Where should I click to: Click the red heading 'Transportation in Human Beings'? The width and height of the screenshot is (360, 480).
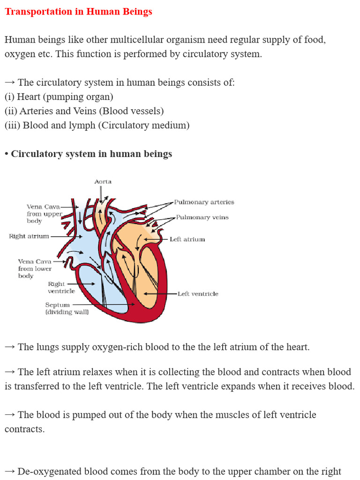point(78,12)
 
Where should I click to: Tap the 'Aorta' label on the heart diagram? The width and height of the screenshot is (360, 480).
point(103,181)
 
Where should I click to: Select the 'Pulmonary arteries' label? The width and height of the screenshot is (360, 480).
point(204,202)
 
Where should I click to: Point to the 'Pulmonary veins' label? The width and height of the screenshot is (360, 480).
point(202,217)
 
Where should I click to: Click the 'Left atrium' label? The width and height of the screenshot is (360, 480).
point(187,239)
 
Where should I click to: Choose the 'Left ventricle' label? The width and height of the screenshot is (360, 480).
point(198,294)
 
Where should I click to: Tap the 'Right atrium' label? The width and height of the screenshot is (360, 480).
point(29,236)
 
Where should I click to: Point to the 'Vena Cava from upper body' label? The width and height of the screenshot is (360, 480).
point(41,213)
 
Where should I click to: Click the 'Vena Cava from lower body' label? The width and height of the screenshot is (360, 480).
point(35,269)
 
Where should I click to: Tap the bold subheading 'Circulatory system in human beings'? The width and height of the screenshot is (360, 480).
point(91,154)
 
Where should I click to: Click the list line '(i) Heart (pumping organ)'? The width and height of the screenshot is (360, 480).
point(59,97)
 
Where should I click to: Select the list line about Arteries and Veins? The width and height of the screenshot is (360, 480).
point(84,111)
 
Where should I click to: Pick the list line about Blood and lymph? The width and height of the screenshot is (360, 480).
point(97,125)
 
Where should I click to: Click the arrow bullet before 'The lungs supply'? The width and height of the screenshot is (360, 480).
point(10,347)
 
